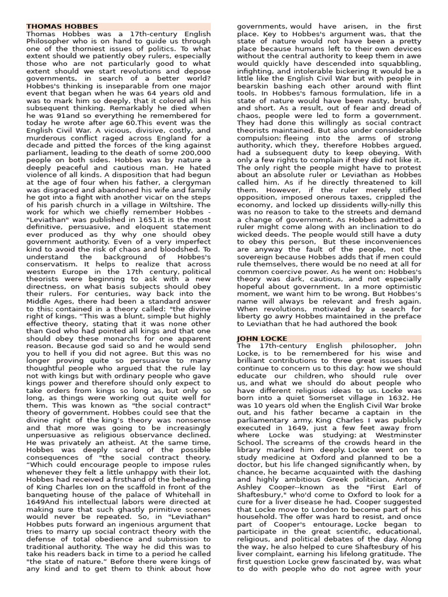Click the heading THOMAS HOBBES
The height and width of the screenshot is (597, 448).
62,27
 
